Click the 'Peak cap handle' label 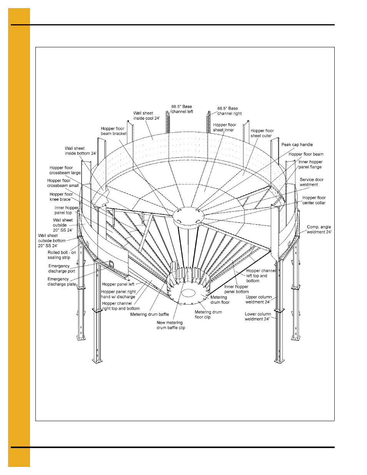point(297,145)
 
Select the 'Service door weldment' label point(311,182)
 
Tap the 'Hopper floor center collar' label point(314,200)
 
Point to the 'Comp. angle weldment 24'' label point(319,229)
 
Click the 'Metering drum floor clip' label point(208,315)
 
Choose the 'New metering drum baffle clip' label point(170,325)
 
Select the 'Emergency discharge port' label point(62,268)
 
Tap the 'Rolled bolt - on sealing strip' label point(62,255)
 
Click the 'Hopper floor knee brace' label point(61,197)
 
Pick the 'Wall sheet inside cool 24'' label point(146,116)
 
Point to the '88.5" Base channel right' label point(229,111)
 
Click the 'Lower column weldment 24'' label point(258,316)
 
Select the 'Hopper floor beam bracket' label point(113,131)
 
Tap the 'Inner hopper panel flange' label point(310,164)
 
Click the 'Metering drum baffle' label point(149,314)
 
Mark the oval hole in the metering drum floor point(189,293)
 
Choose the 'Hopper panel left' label point(118,284)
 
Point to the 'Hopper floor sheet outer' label point(262,133)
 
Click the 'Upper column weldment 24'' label point(259,299)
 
